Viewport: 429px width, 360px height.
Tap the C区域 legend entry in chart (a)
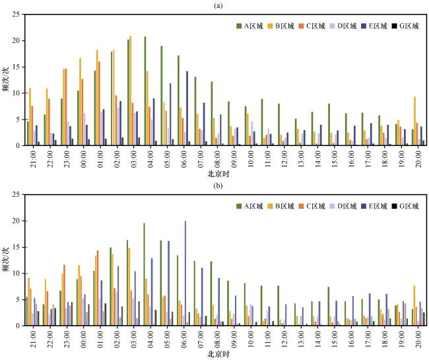pos(310,26)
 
